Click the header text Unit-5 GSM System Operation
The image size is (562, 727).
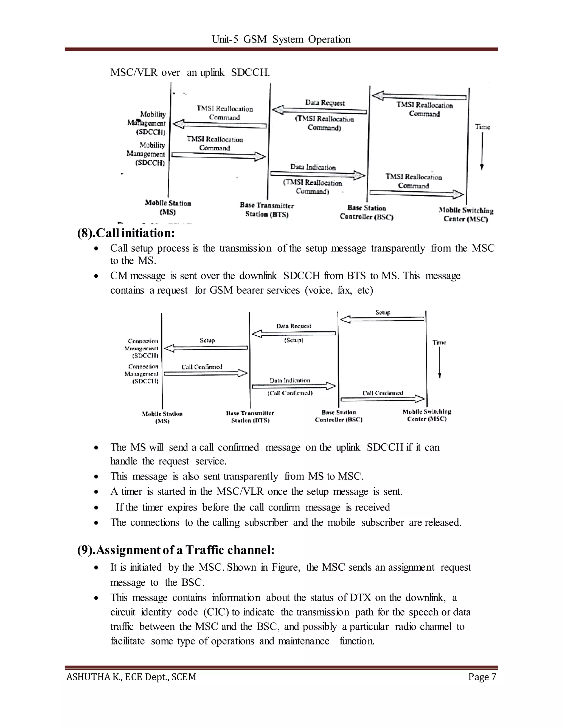point(281,39)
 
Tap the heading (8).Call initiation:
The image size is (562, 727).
point(126,233)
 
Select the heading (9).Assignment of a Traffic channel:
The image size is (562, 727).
point(176,550)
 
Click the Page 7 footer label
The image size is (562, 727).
point(482,677)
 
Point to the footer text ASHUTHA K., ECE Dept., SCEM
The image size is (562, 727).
point(131,677)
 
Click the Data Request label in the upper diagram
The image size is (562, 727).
point(325,103)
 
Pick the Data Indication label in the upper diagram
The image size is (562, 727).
point(313,167)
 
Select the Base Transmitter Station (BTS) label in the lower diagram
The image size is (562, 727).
point(250,417)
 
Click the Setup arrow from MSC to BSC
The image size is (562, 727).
point(382,319)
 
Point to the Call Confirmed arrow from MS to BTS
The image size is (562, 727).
point(206,373)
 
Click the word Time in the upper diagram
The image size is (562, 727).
point(482,127)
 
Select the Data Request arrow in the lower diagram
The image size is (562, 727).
point(293,333)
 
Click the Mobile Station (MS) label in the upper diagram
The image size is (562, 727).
point(168,207)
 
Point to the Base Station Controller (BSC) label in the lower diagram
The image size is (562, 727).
point(339,416)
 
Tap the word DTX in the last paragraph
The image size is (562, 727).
point(360,598)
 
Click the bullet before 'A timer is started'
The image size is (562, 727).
point(96,492)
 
